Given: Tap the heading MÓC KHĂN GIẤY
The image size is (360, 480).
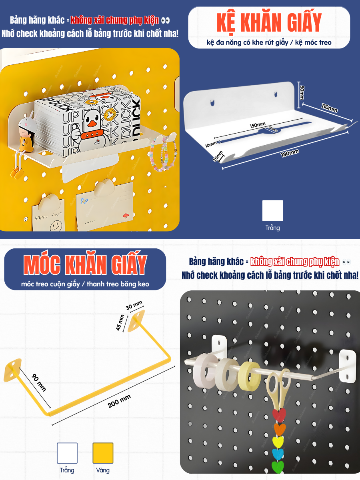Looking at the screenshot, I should [84, 264].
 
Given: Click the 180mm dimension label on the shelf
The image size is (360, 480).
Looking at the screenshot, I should [290, 153].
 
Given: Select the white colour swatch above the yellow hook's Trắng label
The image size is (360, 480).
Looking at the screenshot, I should [67, 453].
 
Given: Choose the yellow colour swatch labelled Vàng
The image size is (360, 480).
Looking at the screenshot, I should [103, 453].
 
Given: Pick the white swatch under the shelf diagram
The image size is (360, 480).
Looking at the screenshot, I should [273, 211].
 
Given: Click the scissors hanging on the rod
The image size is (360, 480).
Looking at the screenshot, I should [278, 388].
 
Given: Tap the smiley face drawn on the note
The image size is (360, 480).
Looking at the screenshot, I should [56, 225].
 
